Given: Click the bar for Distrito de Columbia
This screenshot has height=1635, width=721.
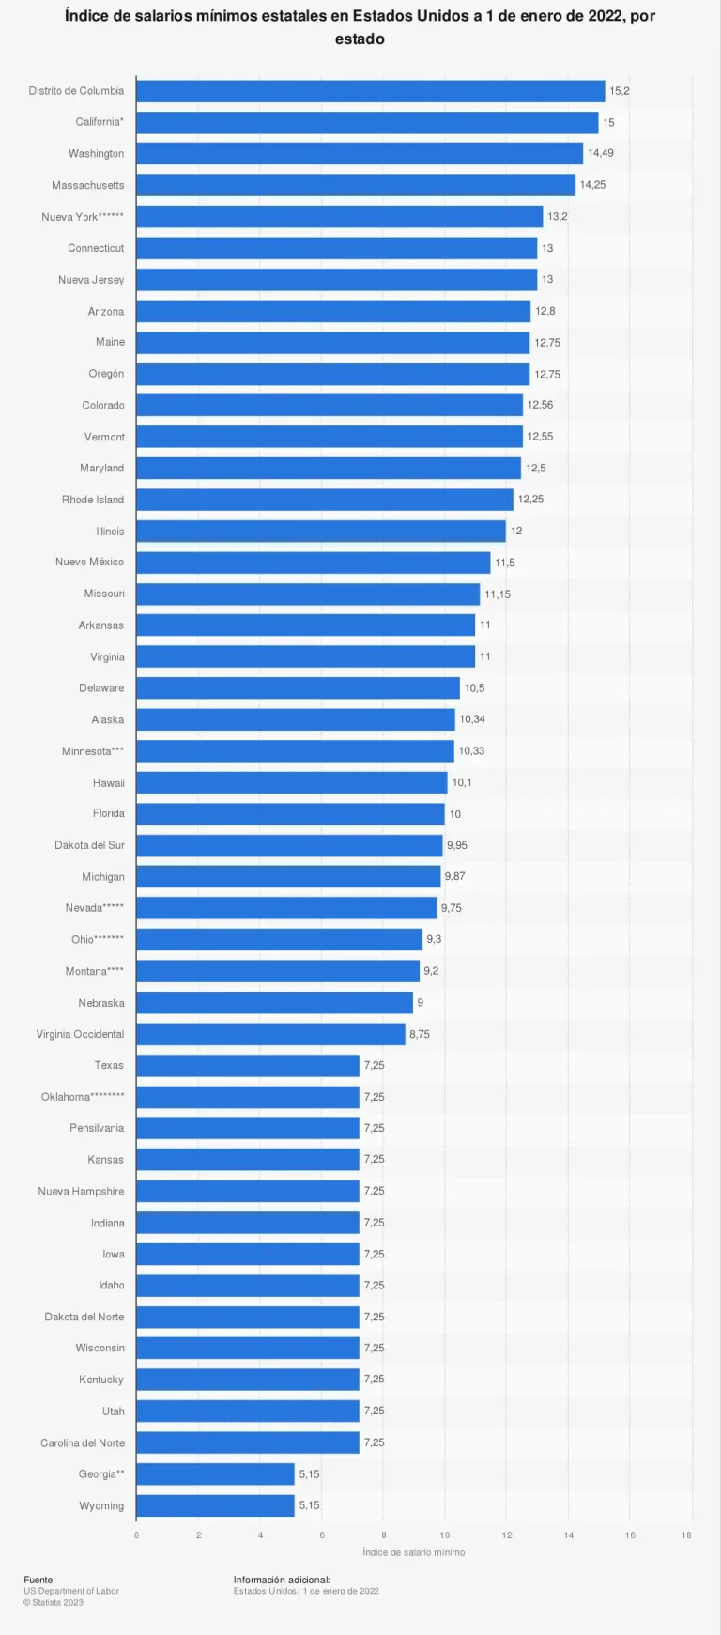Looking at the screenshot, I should (x=370, y=91).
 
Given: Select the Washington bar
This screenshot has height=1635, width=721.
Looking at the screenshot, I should (x=359, y=154).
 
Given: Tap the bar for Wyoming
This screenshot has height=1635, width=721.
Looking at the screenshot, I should (x=215, y=1505).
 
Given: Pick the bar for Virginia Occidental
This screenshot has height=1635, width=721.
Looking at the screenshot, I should (x=270, y=1034).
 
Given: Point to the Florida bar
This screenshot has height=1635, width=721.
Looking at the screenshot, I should (x=290, y=814).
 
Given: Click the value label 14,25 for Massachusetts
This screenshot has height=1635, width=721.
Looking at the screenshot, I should (x=592, y=185).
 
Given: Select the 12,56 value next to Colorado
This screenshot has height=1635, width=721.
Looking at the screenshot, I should (x=540, y=405).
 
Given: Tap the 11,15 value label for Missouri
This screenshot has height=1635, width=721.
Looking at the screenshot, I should (x=498, y=594).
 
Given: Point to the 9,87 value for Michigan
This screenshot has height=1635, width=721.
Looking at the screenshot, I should (x=454, y=876).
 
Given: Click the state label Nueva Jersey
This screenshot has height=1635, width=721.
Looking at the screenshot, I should (x=91, y=280).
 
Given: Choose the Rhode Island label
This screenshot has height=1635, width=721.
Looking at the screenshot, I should (x=93, y=500).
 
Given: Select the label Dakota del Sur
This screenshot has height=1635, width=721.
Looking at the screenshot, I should (x=89, y=845).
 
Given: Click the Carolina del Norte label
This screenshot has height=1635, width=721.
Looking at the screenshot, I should (x=83, y=1442).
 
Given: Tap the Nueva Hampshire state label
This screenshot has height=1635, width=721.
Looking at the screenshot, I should (x=81, y=1192).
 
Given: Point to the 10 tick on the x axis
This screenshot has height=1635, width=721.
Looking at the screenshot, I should (x=445, y=1535).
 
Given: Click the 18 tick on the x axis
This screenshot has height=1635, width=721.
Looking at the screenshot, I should (x=687, y=1535).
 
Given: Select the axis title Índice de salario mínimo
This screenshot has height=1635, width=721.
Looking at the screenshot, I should (x=414, y=1552).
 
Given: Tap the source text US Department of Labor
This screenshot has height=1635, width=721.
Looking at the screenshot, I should (x=71, y=1591).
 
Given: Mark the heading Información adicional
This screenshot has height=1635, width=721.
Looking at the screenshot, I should (x=282, y=1580).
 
